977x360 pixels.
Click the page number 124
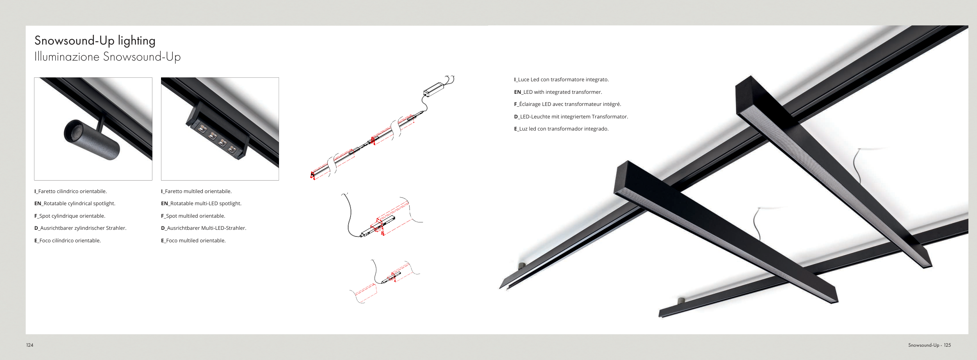tap(30, 345)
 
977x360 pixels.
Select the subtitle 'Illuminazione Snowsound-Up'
tap(107, 57)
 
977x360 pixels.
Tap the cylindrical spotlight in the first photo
tap(92, 140)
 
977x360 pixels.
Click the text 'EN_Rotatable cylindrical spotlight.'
tap(75, 204)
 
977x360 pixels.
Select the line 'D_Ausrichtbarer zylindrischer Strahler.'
tap(80, 228)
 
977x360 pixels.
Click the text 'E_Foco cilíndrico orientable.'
tap(68, 241)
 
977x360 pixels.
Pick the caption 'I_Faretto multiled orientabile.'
tap(196, 192)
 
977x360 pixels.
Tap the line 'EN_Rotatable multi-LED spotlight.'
tap(201, 204)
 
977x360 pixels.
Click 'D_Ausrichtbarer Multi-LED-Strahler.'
tap(204, 228)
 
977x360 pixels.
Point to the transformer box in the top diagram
tap(434, 90)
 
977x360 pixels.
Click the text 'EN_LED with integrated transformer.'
tap(558, 92)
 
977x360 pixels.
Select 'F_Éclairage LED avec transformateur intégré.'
tap(567, 104)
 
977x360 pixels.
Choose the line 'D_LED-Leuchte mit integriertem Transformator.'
tap(571, 117)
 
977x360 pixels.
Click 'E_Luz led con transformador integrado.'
tap(561, 129)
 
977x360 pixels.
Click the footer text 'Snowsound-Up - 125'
tap(929, 345)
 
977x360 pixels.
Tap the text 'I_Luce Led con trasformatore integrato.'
tap(561, 80)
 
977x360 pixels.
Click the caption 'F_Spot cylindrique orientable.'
tap(70, 216)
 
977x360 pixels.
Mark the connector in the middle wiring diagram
tap(378, 226)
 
